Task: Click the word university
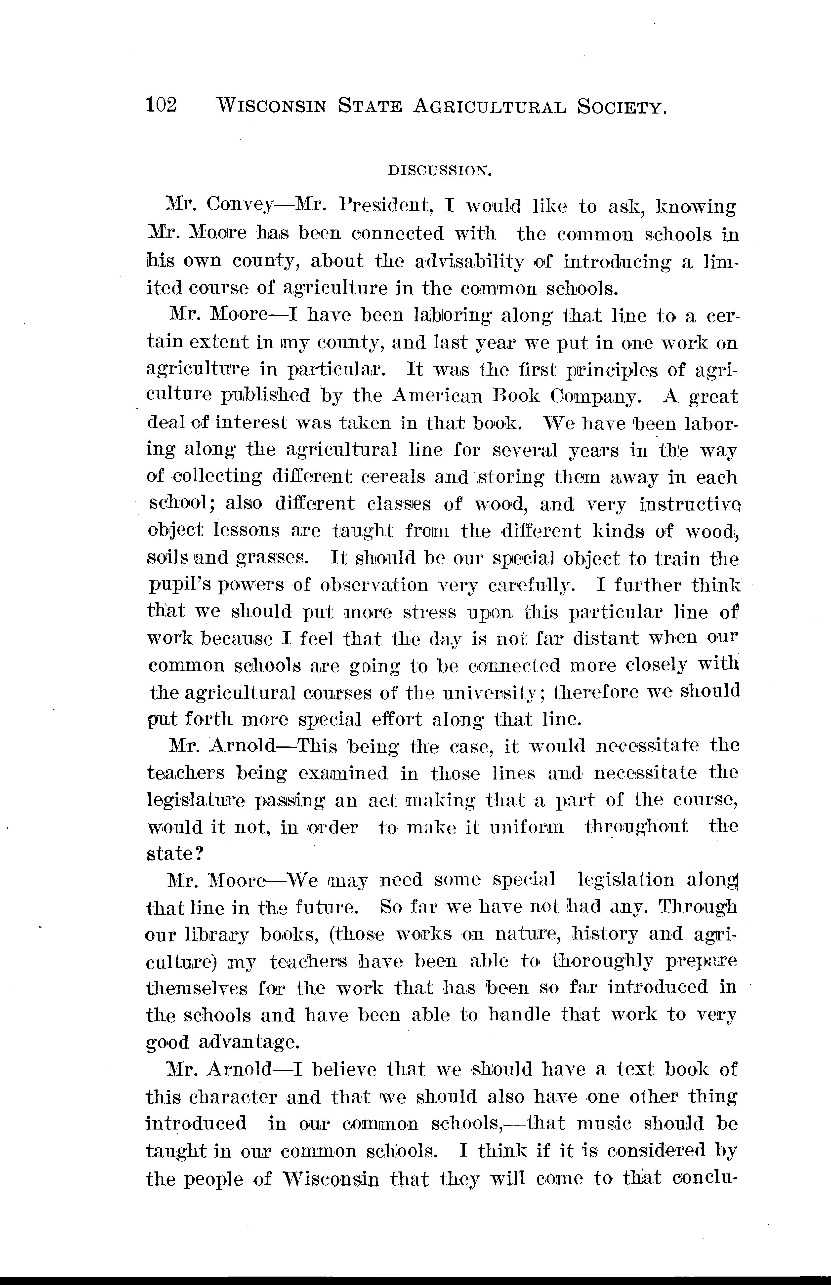tap(488, 692)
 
